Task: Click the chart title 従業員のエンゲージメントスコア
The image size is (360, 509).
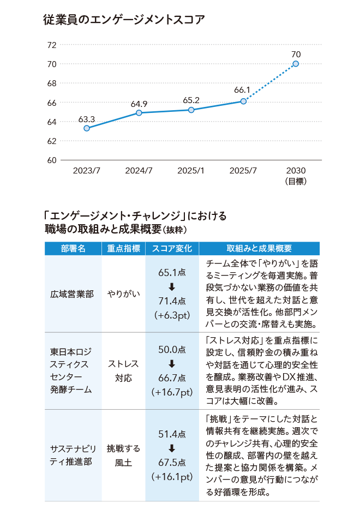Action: [x=124, y=21]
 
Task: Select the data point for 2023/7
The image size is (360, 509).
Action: [x=87, y=128]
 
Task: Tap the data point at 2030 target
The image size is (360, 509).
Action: [x=296, y=64]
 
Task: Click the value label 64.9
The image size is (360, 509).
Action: [x=139, y=104]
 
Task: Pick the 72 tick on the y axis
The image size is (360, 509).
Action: [x=52, y=45]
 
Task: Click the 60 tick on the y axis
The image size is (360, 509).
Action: [x=52, y=160]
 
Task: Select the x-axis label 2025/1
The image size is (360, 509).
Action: [x=191, y=171]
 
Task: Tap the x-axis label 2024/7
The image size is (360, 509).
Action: [x=139, y=171]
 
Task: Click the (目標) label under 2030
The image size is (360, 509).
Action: [x=296, y=181]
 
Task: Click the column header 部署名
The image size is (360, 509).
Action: [x=73, y=248]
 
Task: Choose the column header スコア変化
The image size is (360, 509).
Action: [x=172, y=248]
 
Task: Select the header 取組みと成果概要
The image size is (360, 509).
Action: [x=259, y=248]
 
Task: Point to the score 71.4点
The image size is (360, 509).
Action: [x=172, y=301]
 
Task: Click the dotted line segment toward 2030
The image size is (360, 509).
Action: [x=270, y=82]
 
